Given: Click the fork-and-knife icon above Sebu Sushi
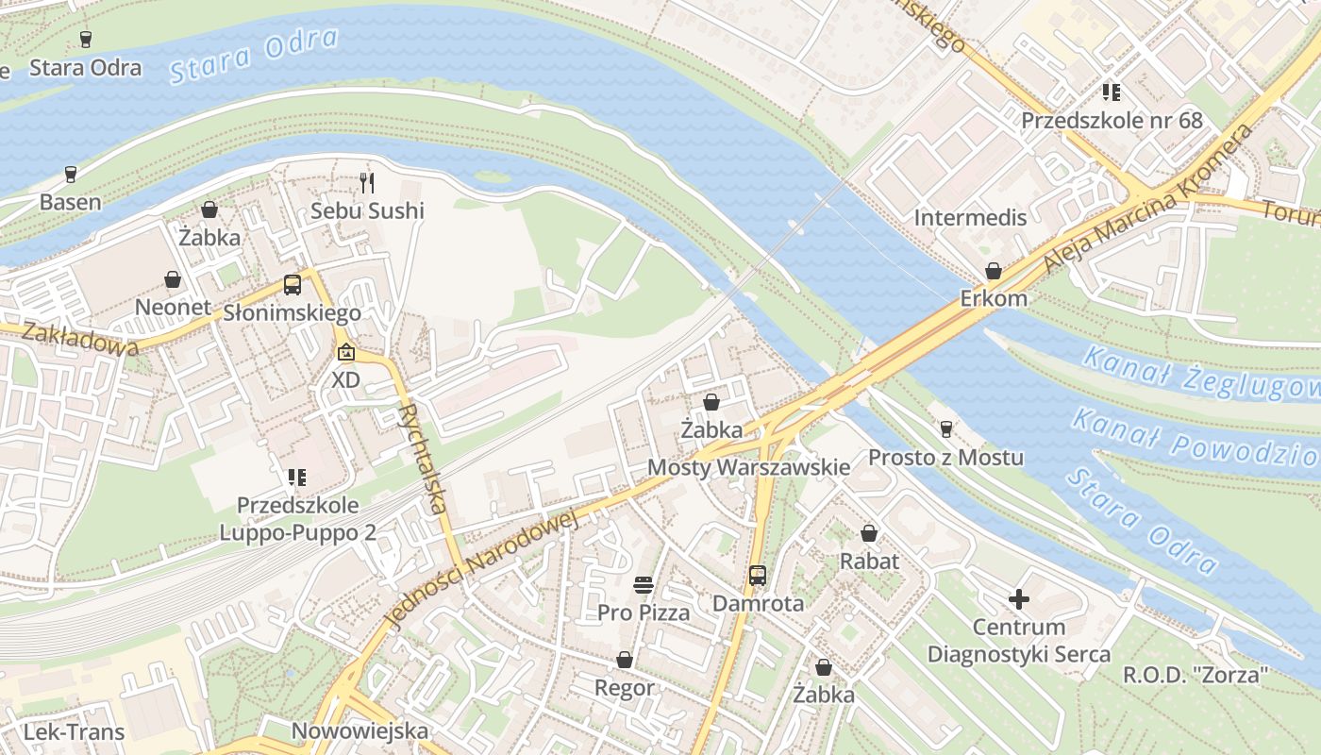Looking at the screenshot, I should tap(368, 182).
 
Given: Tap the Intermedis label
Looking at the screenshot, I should tap(970, 218).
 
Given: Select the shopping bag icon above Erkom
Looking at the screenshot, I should tap(994, 272).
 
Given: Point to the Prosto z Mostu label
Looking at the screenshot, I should tap(945, 459).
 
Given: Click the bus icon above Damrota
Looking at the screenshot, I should tap(757, 576).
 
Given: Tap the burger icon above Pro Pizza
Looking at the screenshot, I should tap(644, 585).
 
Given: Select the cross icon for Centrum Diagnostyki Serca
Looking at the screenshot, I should tap(1018, 599).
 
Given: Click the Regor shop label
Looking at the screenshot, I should tap(624, 688).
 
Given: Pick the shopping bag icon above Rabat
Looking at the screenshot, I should tap(869, 534).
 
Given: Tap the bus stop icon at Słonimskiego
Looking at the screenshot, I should tap(293, 285).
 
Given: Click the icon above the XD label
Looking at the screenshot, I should tap(346, 353).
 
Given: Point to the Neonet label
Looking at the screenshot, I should tap(172, 308).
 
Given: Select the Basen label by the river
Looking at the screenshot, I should tap(70, 202).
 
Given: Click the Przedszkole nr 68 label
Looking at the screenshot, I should tap(1112, 121).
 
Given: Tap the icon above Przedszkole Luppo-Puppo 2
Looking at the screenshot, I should tap(297, 478).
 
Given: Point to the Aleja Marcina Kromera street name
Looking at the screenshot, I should tap(1149, 200).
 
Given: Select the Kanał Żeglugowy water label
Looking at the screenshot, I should tap(1198, 373).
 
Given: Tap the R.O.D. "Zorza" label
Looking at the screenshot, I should tap(1196, 676).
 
